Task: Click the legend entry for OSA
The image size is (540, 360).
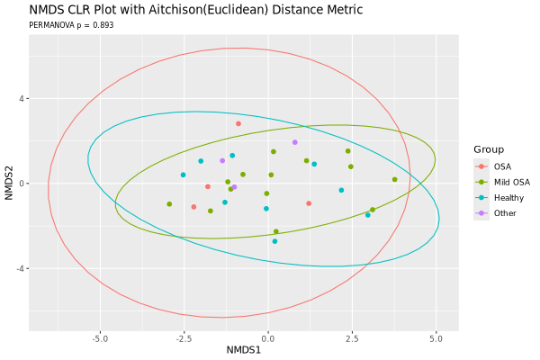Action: [502, 166]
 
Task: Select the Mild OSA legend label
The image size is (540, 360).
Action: [511, 182]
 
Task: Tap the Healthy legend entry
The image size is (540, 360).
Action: [508, 197]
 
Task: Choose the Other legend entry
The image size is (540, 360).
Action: [504, 212]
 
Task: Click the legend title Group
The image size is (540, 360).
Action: [490, 149]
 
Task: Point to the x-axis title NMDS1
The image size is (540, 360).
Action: [243, 349]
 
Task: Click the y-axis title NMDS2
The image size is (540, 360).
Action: [10, 184]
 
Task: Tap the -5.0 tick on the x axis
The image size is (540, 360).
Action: [100, 338]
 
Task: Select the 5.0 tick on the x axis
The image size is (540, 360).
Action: [436, 338]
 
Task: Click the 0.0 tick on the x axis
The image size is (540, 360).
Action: [267, 338]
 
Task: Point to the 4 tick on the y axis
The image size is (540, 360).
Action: [25, 99]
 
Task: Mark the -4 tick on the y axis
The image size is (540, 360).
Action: [23, 269]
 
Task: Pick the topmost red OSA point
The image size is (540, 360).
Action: [238, 124]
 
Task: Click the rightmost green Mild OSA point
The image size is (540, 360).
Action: [394, 179]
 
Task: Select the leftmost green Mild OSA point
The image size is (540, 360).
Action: [169, 204]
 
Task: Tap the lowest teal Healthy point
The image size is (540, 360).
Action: [274, 241]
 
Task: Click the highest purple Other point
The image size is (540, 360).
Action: [294, 142]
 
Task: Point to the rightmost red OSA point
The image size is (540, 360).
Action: [309, 203]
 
